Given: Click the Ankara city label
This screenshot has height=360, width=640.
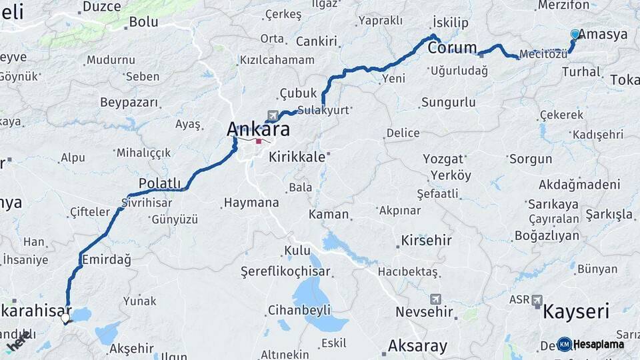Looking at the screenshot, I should (258, 128).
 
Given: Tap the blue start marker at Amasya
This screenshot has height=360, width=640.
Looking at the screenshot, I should (575, 34).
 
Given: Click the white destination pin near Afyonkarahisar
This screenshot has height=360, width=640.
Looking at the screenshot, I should (65, 318).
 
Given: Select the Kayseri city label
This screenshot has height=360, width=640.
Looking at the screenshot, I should (576, 311).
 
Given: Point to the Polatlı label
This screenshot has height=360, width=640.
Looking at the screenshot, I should (159, 183).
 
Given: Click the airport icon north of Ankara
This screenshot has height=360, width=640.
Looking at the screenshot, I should (272, 116).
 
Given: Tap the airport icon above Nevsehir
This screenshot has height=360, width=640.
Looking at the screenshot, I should (435, 299).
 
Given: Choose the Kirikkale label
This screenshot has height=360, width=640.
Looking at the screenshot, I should (297, 157).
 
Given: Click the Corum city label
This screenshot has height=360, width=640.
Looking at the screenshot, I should (453, 47).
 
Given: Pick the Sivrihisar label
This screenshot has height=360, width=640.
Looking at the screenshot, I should (147, 203).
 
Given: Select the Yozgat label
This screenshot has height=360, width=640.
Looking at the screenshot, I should (443, 159).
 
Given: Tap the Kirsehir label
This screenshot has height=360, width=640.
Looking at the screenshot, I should (426, 240).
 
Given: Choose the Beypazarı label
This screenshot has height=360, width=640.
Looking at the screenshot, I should (129, 103).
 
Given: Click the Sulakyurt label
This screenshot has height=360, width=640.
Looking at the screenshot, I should (323, 110).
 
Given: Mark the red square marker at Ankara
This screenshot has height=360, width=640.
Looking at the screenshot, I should (259, 141).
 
